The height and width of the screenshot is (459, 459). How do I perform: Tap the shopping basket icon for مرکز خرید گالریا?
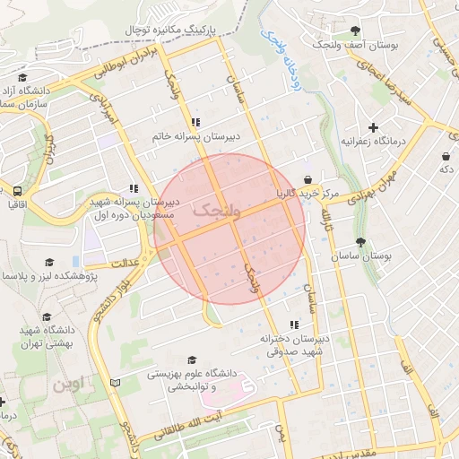coord(308,178)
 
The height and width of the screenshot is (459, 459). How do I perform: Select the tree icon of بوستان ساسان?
coord(360,241)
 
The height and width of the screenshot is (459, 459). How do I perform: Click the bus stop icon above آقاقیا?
coord(17,191)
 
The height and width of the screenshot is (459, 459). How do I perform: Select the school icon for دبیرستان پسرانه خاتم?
coord(195,123)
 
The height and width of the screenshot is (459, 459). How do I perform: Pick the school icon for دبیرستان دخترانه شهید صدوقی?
coord(293,325)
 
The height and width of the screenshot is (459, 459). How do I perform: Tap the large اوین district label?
coord(72,385)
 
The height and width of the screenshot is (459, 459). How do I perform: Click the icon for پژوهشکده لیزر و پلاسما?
coord(50,261)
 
